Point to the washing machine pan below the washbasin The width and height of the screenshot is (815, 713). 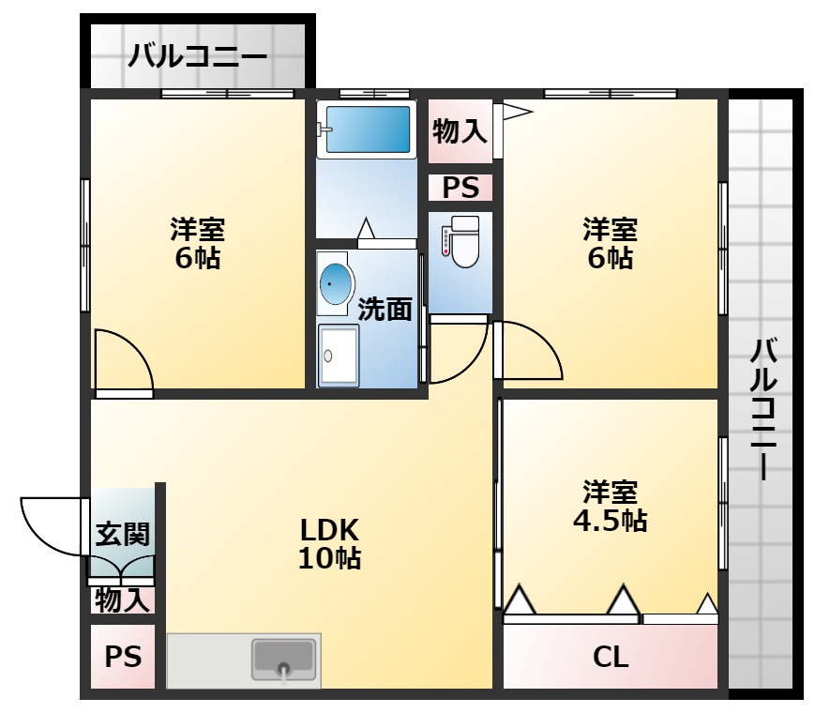(338, 356)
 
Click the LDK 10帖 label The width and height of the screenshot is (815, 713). (329, 544)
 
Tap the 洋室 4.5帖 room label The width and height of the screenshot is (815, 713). (610, 507)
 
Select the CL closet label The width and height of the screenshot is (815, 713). (610, 657)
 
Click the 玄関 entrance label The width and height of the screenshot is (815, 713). (123, 535)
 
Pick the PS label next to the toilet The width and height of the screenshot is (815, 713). (460, 189)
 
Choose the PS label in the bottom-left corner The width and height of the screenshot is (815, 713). (123, 657)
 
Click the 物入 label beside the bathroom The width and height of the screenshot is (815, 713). (460, 131)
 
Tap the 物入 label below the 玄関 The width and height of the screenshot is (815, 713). (123, 599)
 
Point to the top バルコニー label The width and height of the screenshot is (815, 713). (197, 57)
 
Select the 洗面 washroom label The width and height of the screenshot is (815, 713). (385, 309)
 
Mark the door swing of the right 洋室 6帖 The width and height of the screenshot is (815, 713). (530, 351)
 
